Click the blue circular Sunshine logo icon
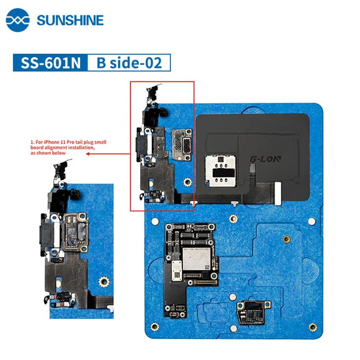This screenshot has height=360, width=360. pos(18,21)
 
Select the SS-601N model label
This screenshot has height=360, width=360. pos(48,63)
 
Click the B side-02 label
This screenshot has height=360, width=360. pos(129,63)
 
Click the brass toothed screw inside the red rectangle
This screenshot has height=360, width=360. pos(186,182)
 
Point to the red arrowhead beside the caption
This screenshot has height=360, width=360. pos(87,153)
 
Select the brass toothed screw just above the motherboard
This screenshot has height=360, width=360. pos(233,219)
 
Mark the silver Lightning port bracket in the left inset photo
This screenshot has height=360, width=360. pos(55,233)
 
